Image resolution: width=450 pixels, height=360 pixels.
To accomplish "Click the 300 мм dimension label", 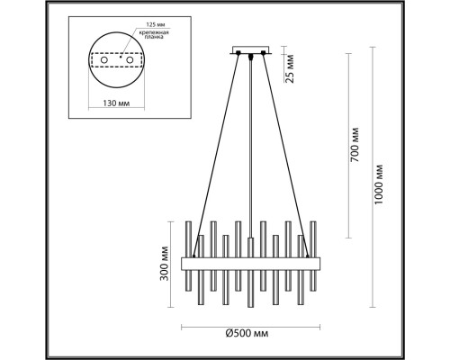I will pos(166,261).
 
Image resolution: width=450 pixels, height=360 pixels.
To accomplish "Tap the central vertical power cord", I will pos(249,153).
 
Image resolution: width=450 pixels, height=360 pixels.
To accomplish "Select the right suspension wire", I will pos(283,153).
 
